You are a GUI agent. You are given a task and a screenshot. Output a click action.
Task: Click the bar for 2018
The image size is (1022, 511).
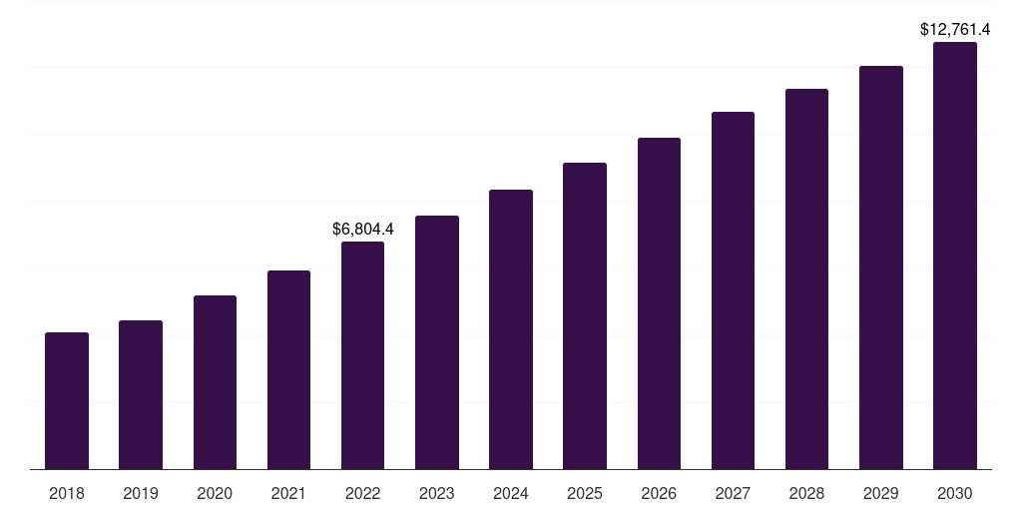point(67,400)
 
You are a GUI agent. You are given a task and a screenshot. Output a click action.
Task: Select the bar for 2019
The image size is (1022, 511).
point(141,394)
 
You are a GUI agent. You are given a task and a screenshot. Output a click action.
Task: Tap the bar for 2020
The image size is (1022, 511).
point(215,382)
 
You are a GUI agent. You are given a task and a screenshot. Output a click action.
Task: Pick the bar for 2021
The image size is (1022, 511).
point(288,369)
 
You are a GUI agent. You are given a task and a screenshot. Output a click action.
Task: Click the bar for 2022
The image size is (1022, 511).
point(362,355)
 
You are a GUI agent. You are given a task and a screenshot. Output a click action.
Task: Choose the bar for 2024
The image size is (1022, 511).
point(511,329)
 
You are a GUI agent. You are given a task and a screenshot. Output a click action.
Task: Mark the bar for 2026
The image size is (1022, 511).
point(659,303)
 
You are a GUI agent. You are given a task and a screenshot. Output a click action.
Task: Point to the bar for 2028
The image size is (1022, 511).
point(806,278)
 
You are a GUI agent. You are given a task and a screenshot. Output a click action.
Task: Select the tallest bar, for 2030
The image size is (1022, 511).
point(955,255)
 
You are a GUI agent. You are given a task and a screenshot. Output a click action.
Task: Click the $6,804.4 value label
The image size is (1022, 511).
point(362,230)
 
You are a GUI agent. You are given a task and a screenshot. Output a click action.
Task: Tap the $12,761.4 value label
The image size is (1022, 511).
point(955,30)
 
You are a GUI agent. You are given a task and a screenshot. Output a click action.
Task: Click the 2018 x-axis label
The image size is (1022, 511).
point(67,493)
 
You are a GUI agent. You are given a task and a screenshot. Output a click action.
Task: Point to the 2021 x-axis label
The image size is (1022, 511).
point(288,493)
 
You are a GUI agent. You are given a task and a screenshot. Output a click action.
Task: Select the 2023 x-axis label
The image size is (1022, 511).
point(437,493)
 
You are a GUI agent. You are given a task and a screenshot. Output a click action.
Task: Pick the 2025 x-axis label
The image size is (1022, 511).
point(585,493)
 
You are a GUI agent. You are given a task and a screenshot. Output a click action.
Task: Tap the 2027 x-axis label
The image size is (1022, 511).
point(733,493)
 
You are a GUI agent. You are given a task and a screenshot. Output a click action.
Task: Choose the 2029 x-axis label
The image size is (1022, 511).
point(881,493)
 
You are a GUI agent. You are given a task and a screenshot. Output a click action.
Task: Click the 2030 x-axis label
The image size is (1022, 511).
point(955,493)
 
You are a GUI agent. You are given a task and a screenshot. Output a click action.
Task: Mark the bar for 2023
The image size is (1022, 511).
point(437,342)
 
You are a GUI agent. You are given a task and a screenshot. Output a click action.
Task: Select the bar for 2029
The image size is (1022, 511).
point(881,267)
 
